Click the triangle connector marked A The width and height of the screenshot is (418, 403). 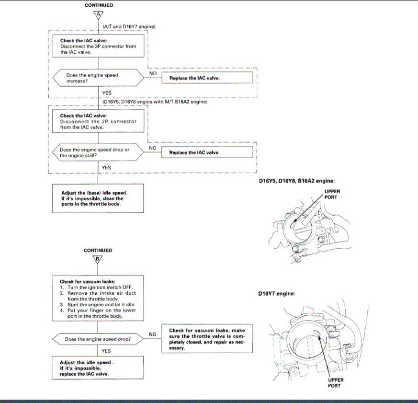(x=98, y=15)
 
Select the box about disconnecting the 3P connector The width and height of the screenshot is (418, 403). (x=98, y=46)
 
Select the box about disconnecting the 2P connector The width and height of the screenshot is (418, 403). (x=98, y=121)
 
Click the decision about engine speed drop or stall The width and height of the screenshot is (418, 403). (x=98, y=152)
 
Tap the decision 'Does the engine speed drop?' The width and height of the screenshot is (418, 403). (x=98, y=339)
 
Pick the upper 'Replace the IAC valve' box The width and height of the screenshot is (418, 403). (x=207, y=78)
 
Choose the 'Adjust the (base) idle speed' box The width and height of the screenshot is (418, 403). (x=98, y=198)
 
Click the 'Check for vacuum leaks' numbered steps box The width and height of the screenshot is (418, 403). (x=98, y=299)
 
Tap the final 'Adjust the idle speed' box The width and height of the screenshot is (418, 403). (x=98, y=368)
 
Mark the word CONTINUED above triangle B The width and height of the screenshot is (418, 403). (x=98, y=250)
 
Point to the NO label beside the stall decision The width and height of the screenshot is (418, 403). (x=153, y=148)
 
